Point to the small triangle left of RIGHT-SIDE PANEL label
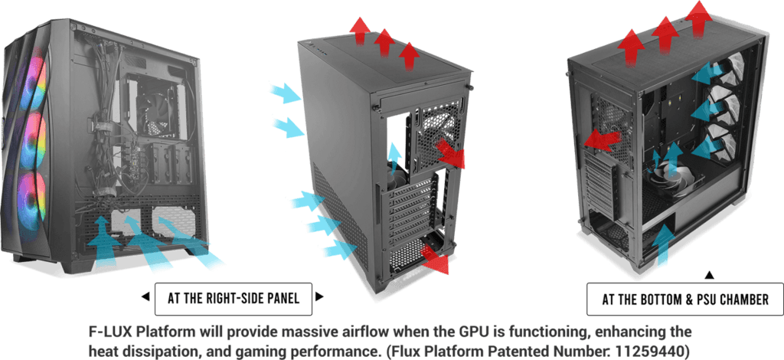(144, 296)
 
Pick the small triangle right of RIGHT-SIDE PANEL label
(320, 296)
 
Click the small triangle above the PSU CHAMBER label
(709, 274)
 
